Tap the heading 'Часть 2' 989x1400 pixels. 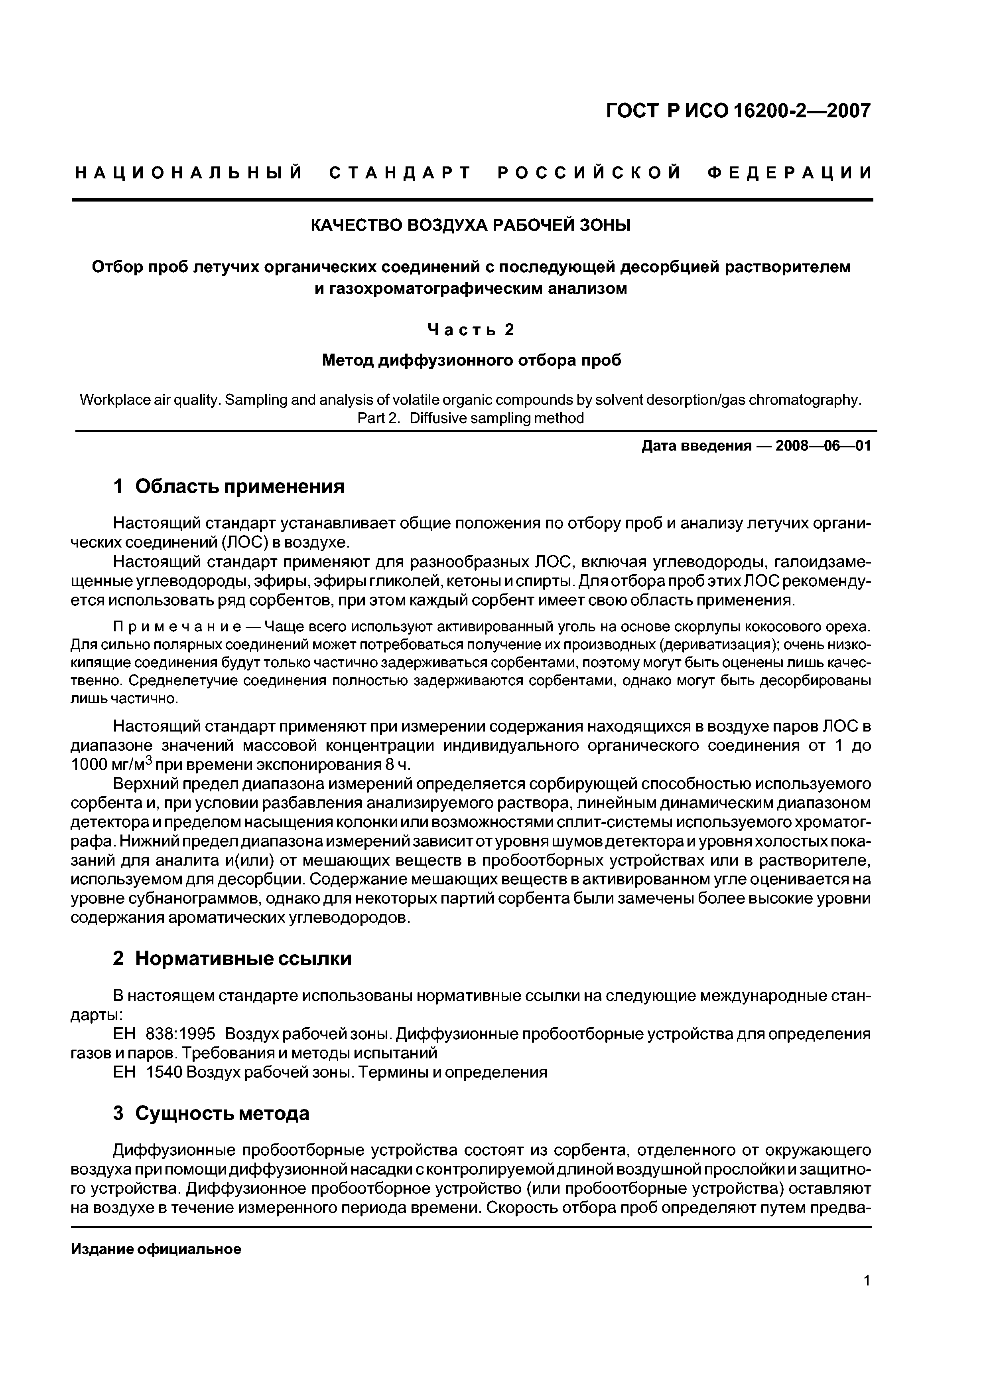pyautogui.click(x=471, y=330)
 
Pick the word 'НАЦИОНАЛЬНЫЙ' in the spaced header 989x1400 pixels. pyautogui.click(x=189, y=173)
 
